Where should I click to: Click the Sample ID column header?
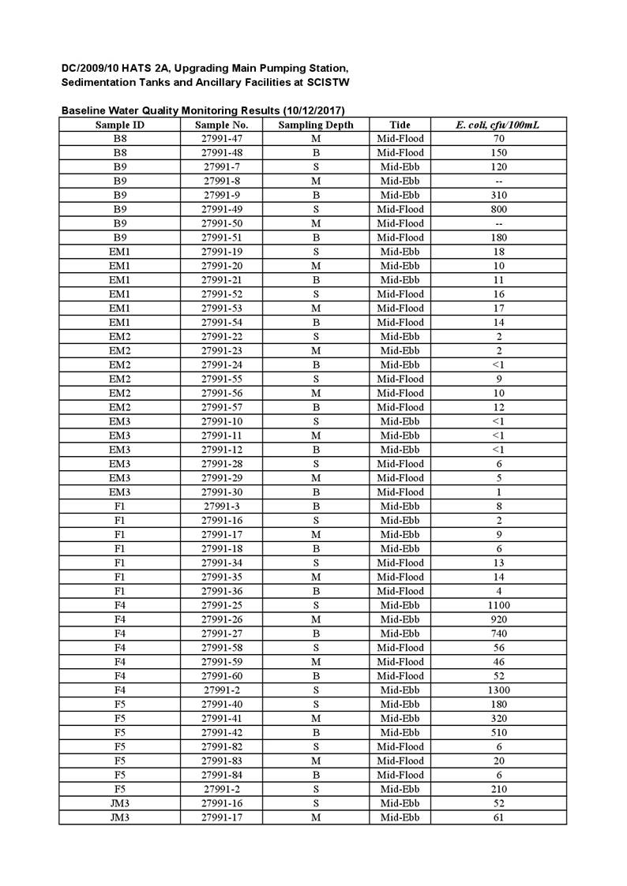point(119,125)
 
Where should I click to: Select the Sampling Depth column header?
point(316,125)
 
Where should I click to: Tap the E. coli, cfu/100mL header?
point(498,125)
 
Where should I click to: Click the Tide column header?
point(400,125)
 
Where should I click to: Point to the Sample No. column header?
point(222,125)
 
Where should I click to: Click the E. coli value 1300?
point(499,690)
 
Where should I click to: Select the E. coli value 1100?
point(499,605)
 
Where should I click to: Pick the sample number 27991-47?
point(222,139)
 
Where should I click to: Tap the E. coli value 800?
point(499,209)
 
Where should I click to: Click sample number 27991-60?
point(222,676)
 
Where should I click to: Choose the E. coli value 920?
point(499,619)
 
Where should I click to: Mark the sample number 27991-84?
point(222,775)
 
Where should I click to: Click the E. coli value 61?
point(499,817)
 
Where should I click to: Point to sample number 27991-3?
point(222,507)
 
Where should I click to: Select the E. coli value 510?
point(499,732)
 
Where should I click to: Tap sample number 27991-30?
point(222,492)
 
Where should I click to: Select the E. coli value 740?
point(499,634)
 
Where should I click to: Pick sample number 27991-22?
point(222,337)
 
